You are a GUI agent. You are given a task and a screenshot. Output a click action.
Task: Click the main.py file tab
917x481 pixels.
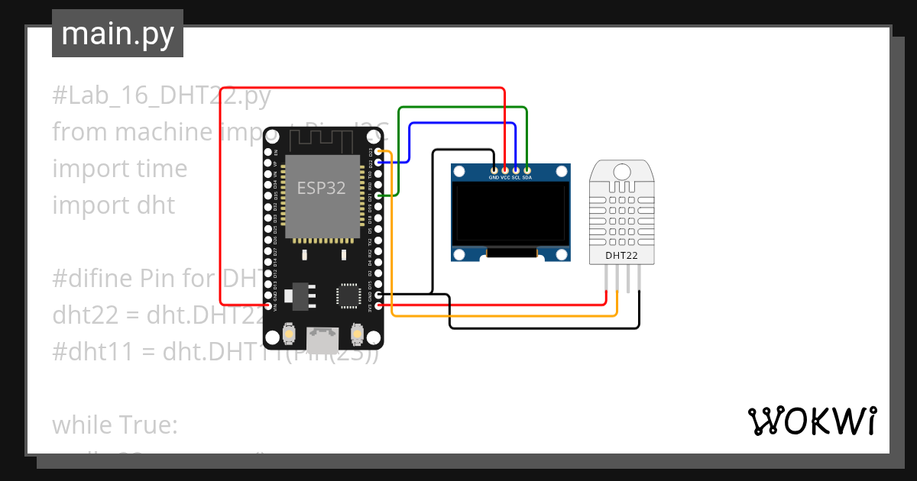click(x=118, y=34)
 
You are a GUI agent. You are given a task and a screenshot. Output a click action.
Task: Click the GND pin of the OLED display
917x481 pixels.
click(x=494, y=169)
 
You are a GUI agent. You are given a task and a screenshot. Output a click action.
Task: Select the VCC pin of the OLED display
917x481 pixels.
click(x=505, y=169)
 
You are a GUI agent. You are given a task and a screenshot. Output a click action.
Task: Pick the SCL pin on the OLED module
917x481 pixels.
click(x=516, y=169)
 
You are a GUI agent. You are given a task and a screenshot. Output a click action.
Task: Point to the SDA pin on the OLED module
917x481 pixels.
click(x=527, y=169)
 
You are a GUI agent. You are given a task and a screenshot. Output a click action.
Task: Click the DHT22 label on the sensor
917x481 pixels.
click(x=621, y=255)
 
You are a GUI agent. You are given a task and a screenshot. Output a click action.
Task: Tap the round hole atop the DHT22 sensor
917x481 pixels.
click(x=621, y=171)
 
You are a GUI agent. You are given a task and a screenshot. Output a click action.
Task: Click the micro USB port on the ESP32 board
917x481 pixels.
click(x=323, y=336)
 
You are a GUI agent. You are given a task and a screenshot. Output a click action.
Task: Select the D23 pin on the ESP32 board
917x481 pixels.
click(x=380, y=152)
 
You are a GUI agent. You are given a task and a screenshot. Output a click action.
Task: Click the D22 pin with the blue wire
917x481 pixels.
click(x=380, y=163)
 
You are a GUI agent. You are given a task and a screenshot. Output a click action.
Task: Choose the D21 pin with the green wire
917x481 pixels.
click(x=380, y=196)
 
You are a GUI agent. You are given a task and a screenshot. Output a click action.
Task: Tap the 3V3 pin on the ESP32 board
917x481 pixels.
click(x=380, y=305)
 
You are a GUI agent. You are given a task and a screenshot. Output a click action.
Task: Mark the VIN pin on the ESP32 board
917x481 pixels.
click(x=268, y=305)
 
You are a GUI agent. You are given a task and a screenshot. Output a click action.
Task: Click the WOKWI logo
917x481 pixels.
click(x=811, y=421)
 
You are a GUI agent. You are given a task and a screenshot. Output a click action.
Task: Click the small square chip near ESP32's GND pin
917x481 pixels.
click(x=348, y=294)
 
